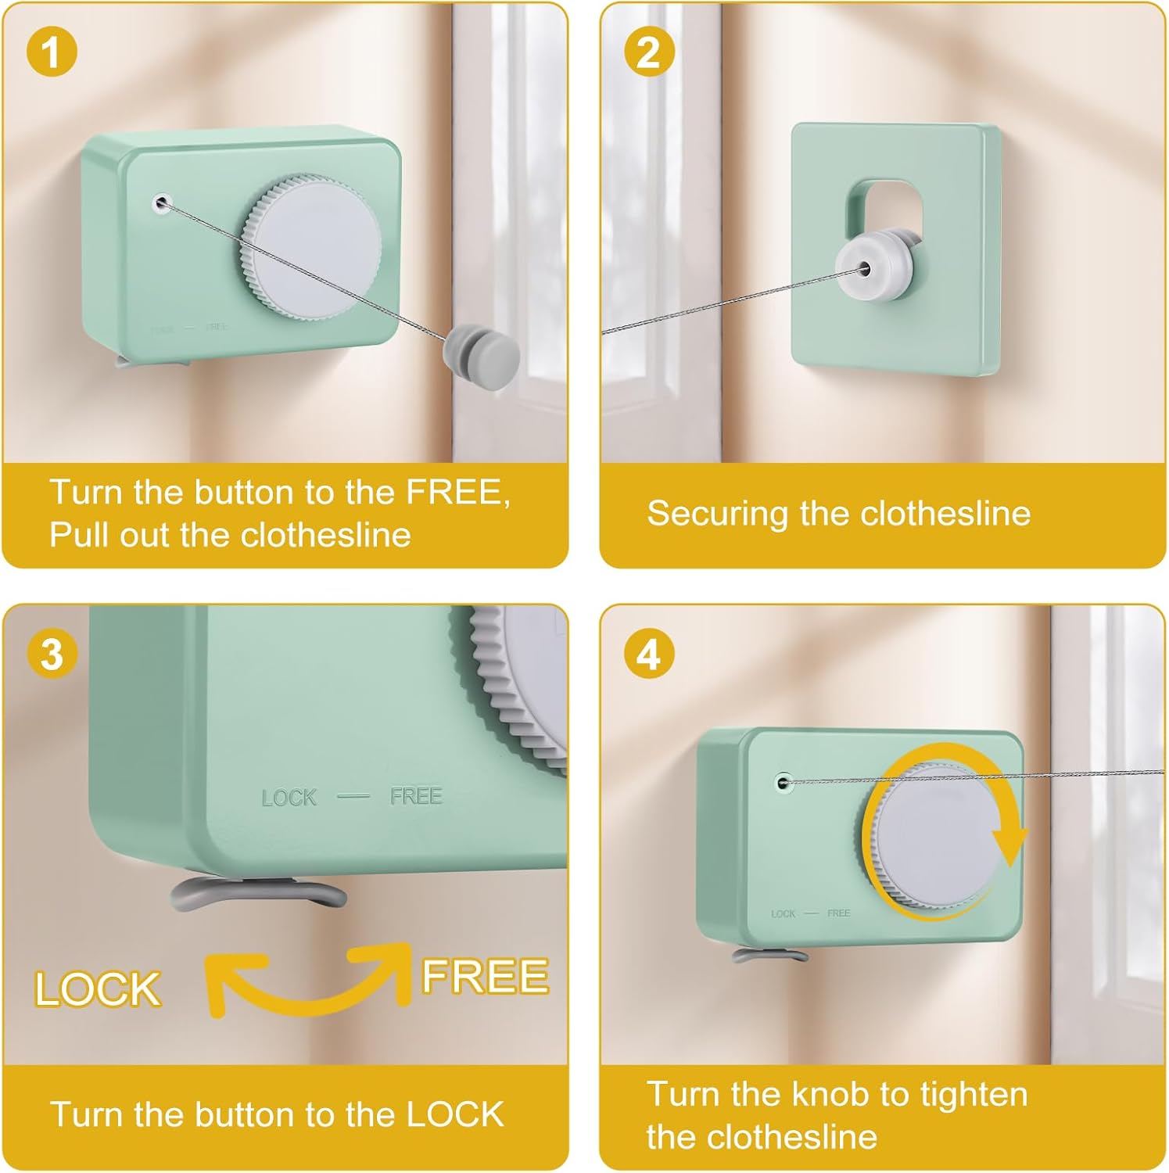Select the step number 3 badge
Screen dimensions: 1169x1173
pyautogui.click(x=52, y=653)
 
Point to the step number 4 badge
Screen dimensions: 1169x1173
pyautogui.click(x=649, y=653)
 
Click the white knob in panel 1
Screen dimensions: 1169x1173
pyautogui.click(x=313, y=246)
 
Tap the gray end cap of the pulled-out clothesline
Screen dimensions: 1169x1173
pyautogui.click(x=481, y=349)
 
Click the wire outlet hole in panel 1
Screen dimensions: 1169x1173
pyautogui.click(x=161, y=203)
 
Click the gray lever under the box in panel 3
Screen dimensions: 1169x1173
pyautogui.click(x=258, y=892)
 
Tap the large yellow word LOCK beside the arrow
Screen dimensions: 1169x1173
pyautogui.click(x=98, y=989)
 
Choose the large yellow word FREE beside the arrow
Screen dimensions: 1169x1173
pyautogui.click(x=485, y=976)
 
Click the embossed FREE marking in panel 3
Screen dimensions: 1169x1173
pyautogui.click(x=416, y=796)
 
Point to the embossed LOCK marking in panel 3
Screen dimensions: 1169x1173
pyautogui.click(x=289, y=798)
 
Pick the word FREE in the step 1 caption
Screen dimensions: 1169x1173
pyautogui.click(x=457, y=493)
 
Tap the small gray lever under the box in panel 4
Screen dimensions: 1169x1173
pyautogui.click(x=770, y=955)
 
